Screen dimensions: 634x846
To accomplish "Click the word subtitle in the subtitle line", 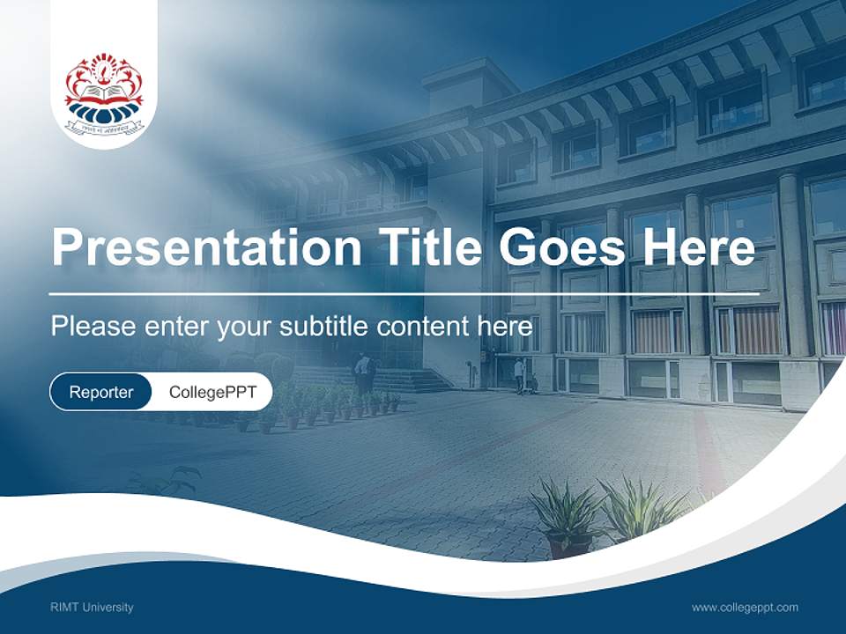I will tap(324, 327).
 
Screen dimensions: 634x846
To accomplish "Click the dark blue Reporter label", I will tap(100, 392).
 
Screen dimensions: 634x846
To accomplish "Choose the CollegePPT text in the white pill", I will tap(212, 392).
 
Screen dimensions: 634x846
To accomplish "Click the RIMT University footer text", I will tap(92, 608).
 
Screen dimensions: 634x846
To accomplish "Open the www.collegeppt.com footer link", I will tap(745, 608).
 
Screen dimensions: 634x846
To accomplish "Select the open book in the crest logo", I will tap(104, 92).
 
